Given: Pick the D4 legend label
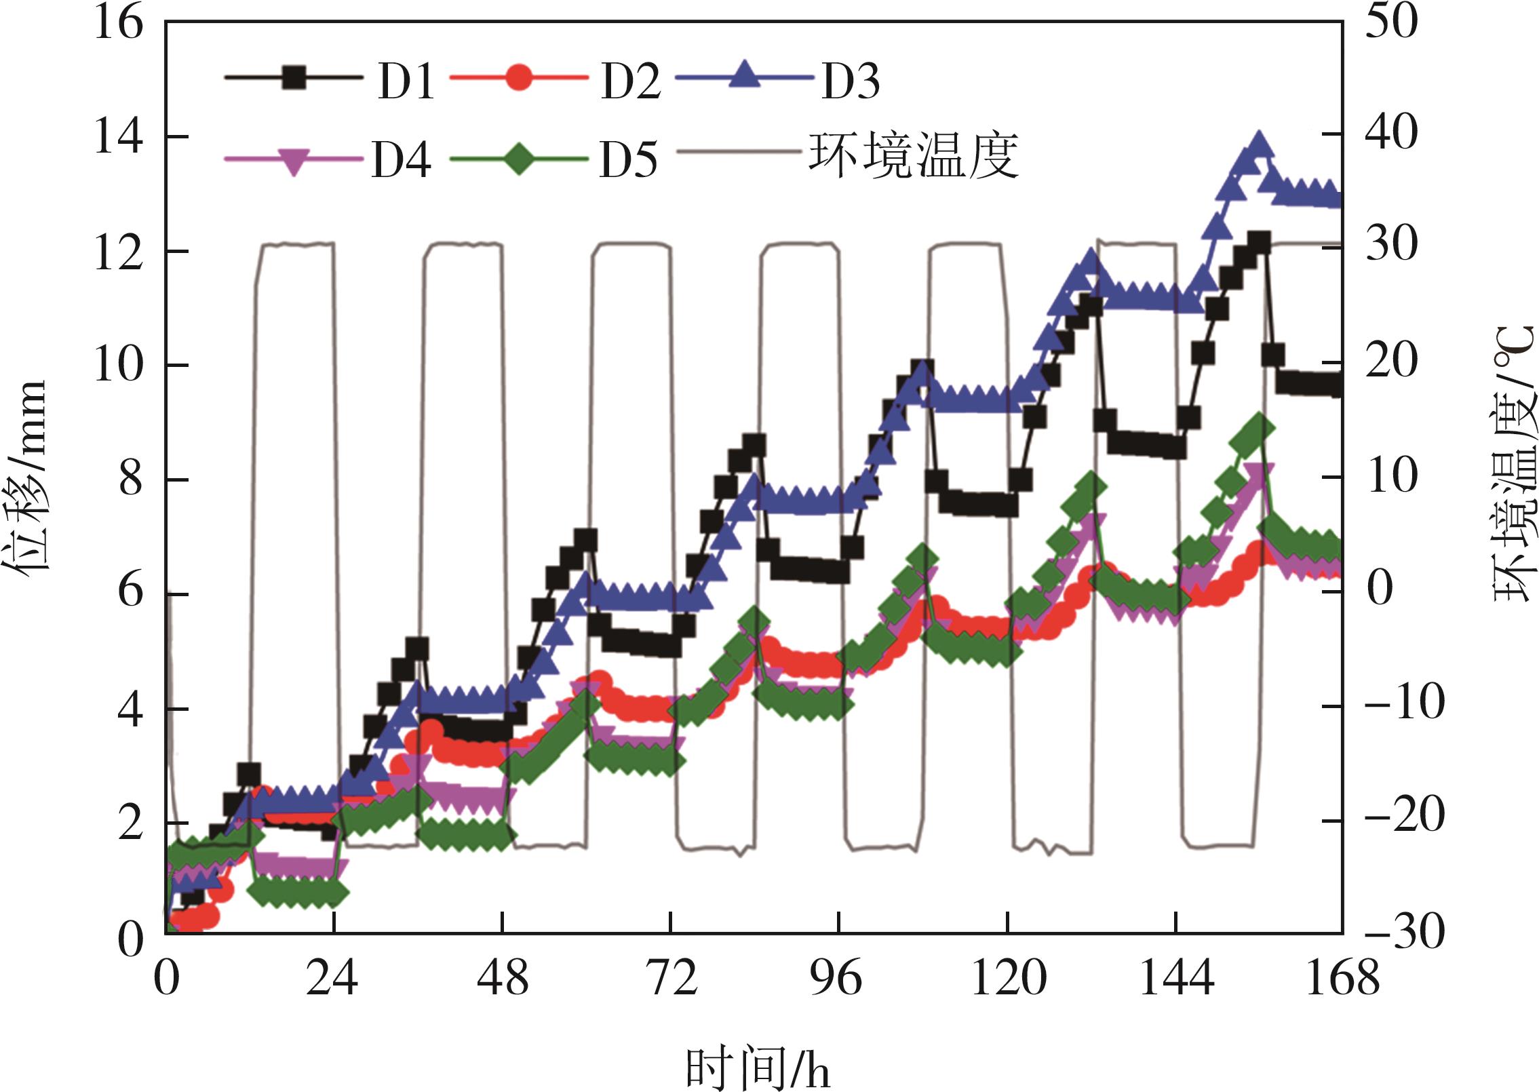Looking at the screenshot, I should pos(401,160).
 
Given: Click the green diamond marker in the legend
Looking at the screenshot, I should pos(520,158).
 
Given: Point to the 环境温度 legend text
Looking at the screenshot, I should pos(914,157).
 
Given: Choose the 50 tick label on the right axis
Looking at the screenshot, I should pos(1390,22).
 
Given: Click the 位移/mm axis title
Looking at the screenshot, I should pos(28,479).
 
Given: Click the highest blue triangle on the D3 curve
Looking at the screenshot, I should pos(1259,144).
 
